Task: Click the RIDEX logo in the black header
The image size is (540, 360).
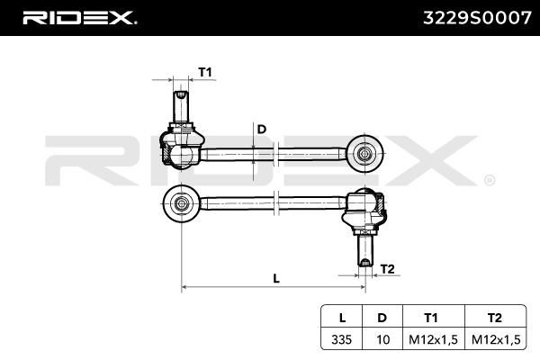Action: click(79, 18)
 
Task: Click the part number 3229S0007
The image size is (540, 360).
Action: click(477, 18)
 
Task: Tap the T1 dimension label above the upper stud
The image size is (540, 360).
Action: click(205, 72)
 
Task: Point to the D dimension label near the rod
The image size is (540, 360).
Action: click(262, 130)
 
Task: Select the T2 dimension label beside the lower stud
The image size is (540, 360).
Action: click(387, 269)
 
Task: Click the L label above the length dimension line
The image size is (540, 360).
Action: click(276, 278)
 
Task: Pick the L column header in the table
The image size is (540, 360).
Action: click(342, 318)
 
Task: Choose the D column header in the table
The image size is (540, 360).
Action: click(382, 318)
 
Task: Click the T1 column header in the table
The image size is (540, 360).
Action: click(431, 318)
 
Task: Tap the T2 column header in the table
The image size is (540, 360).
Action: click(495, 318)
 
